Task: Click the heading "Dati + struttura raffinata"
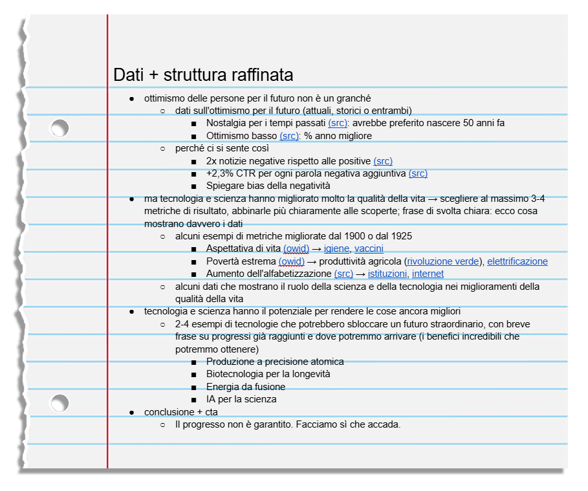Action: (203, 75)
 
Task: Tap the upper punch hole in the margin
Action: (60, 129)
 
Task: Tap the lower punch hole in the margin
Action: (60, 404)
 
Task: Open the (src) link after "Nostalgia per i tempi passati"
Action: (338, 124)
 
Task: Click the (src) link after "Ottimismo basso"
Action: (289, 136)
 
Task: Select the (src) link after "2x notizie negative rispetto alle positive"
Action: (383, 161)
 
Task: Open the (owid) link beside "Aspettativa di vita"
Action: (296, 249)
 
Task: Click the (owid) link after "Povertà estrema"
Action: (291, 261)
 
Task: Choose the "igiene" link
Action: (336, 249)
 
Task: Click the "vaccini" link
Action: (369, 249)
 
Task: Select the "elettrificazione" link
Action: (517, 261)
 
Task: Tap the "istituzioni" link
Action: (387, 274)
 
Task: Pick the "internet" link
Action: (428, 274)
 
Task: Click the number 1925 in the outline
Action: (400, 236)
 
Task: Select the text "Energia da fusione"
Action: (246, 387)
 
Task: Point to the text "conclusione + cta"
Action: (181, 412)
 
